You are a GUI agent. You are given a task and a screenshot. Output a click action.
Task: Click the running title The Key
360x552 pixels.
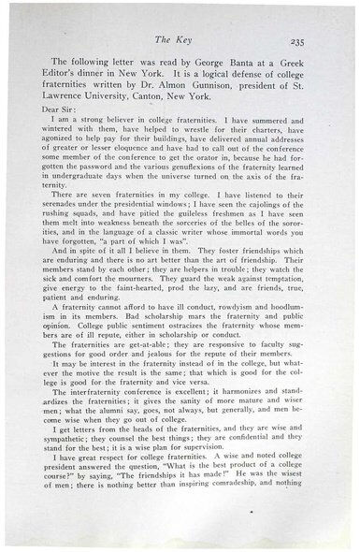tap(180, 41)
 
